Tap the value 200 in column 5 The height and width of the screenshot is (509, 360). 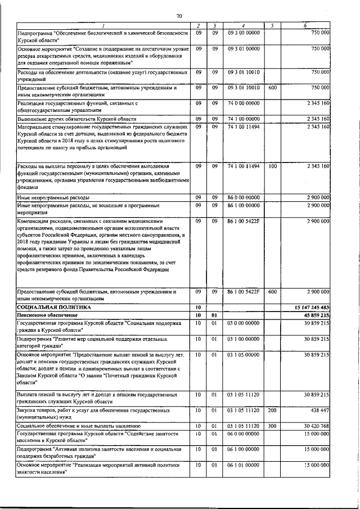[x=273, y=411]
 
